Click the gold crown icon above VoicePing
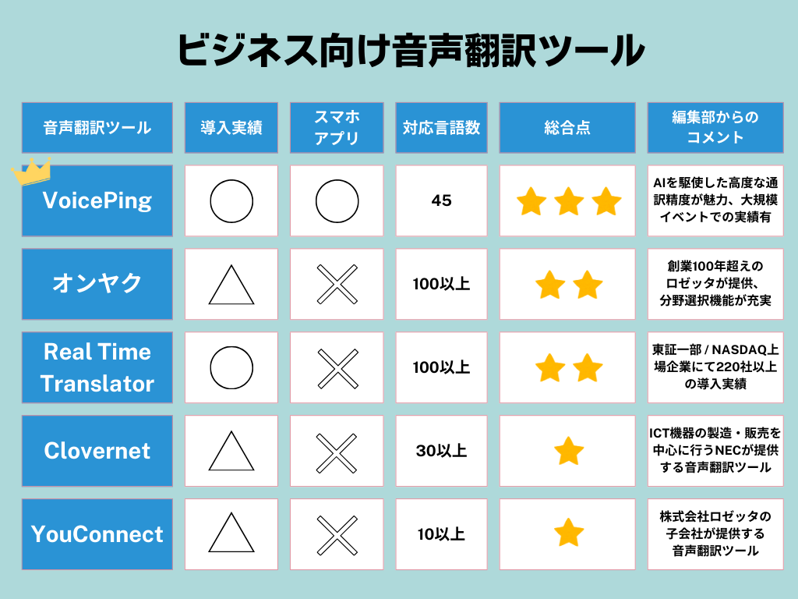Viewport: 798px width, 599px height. click(31, 171)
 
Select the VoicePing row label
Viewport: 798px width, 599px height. click(97, 200)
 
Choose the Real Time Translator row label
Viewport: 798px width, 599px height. click(97, 367)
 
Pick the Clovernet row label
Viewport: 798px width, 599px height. click(97, 451)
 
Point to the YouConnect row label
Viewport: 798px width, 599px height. click(97, 533)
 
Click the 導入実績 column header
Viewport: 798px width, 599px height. click(231, 127)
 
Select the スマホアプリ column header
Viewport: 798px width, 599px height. click(337, 127)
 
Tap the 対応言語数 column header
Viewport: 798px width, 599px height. click(441, 127)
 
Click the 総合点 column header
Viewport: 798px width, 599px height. click(567, 127)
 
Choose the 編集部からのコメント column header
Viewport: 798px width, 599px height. click(715, 127)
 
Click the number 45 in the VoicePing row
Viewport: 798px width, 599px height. click(441, 200)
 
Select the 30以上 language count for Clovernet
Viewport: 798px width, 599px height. click(441, 451)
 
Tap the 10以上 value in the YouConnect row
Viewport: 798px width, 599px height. click(441, 533)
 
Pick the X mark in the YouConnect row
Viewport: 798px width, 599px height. click(337, 535)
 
